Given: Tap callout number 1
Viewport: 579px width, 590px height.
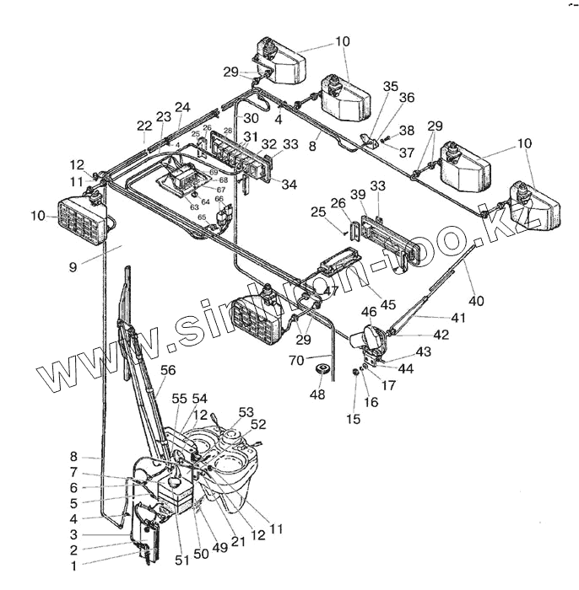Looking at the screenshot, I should click(x=73, y=566).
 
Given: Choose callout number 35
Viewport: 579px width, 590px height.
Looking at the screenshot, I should click(x=390, y=86).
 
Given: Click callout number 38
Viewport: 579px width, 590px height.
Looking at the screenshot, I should click(x=407, y=130).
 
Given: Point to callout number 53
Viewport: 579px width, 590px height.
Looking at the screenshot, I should click(x=246, y=412).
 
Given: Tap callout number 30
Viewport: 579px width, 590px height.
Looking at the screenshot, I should click(x=252, y=119).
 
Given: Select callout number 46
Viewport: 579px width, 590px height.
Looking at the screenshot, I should click(x=368, y=312).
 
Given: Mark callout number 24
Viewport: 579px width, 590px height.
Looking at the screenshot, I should click(x=182, y=107).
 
